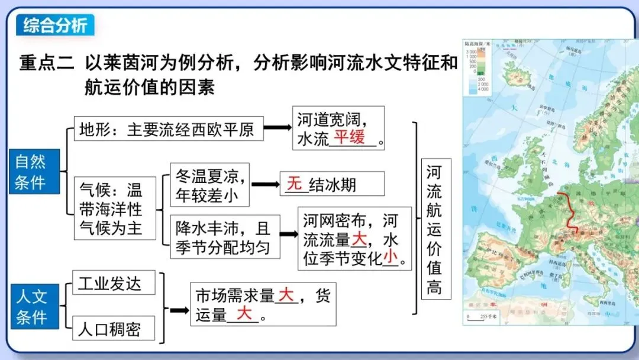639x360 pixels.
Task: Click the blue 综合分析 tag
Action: coord(54,25)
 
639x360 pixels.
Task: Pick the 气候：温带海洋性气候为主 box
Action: coord(114,208)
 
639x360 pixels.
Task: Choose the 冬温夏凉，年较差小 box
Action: coord(209,185)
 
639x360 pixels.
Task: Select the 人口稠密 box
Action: coord(114,329)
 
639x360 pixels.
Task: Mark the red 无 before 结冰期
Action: coord(295,184)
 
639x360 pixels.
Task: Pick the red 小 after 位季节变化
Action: coord(390,257)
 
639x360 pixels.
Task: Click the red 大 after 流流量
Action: coord(359,240)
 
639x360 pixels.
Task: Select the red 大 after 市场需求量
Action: coord(286,294)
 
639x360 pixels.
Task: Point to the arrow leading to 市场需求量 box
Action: coord(179,310)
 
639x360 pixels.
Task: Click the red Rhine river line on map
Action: coord(571,213)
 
